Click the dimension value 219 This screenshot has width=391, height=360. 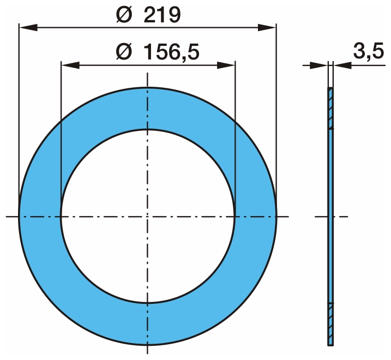pos(162,15)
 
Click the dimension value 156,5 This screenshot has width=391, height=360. pos(172,52)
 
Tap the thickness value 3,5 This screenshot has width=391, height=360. pos(369,51)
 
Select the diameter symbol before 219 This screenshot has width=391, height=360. pos(124,15)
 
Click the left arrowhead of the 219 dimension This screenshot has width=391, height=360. pos(28,27)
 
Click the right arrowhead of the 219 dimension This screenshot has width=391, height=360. pos(267,27)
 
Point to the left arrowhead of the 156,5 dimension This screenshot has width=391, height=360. pos(70,65)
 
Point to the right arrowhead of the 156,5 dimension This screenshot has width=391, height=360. pos(226,65)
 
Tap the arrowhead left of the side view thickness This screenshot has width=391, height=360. pos(318,65)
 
